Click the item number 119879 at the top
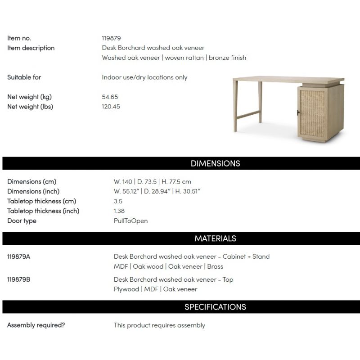coord(111,38)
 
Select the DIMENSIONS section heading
coord(215,163)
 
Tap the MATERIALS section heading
coord(215,238)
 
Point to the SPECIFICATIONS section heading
coord(215,307)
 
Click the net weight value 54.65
coord(110,97)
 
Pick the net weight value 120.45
coord(111,107)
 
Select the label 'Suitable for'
coord(24,77)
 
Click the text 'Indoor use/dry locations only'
coord(144,77)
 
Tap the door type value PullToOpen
coord(130,221)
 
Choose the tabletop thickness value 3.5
coord(118,201)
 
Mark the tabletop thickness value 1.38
coord(119,211)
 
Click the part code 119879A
coord(19,256)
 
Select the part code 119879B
coord(19,279)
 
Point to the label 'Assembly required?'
coord(36,325)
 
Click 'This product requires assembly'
coord(159,325)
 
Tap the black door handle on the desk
coord(297,112)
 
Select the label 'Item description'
coord(31,48)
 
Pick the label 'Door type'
coord(22,221)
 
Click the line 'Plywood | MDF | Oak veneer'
coord(155,289)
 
